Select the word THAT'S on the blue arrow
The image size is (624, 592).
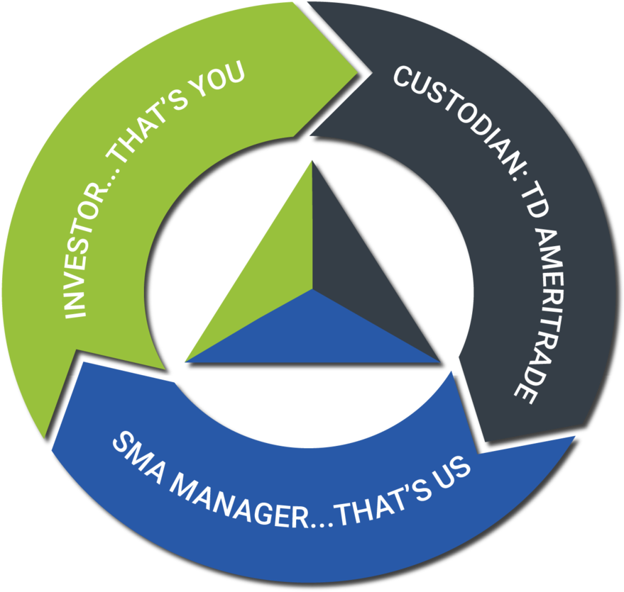(x=382, y=501)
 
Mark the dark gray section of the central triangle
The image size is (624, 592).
(x=358, y=270)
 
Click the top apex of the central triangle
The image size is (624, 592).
(x=312, y=161)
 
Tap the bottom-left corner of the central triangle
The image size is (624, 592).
(x=186, y=362)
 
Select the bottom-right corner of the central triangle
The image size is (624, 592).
(x=439, y=362)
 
